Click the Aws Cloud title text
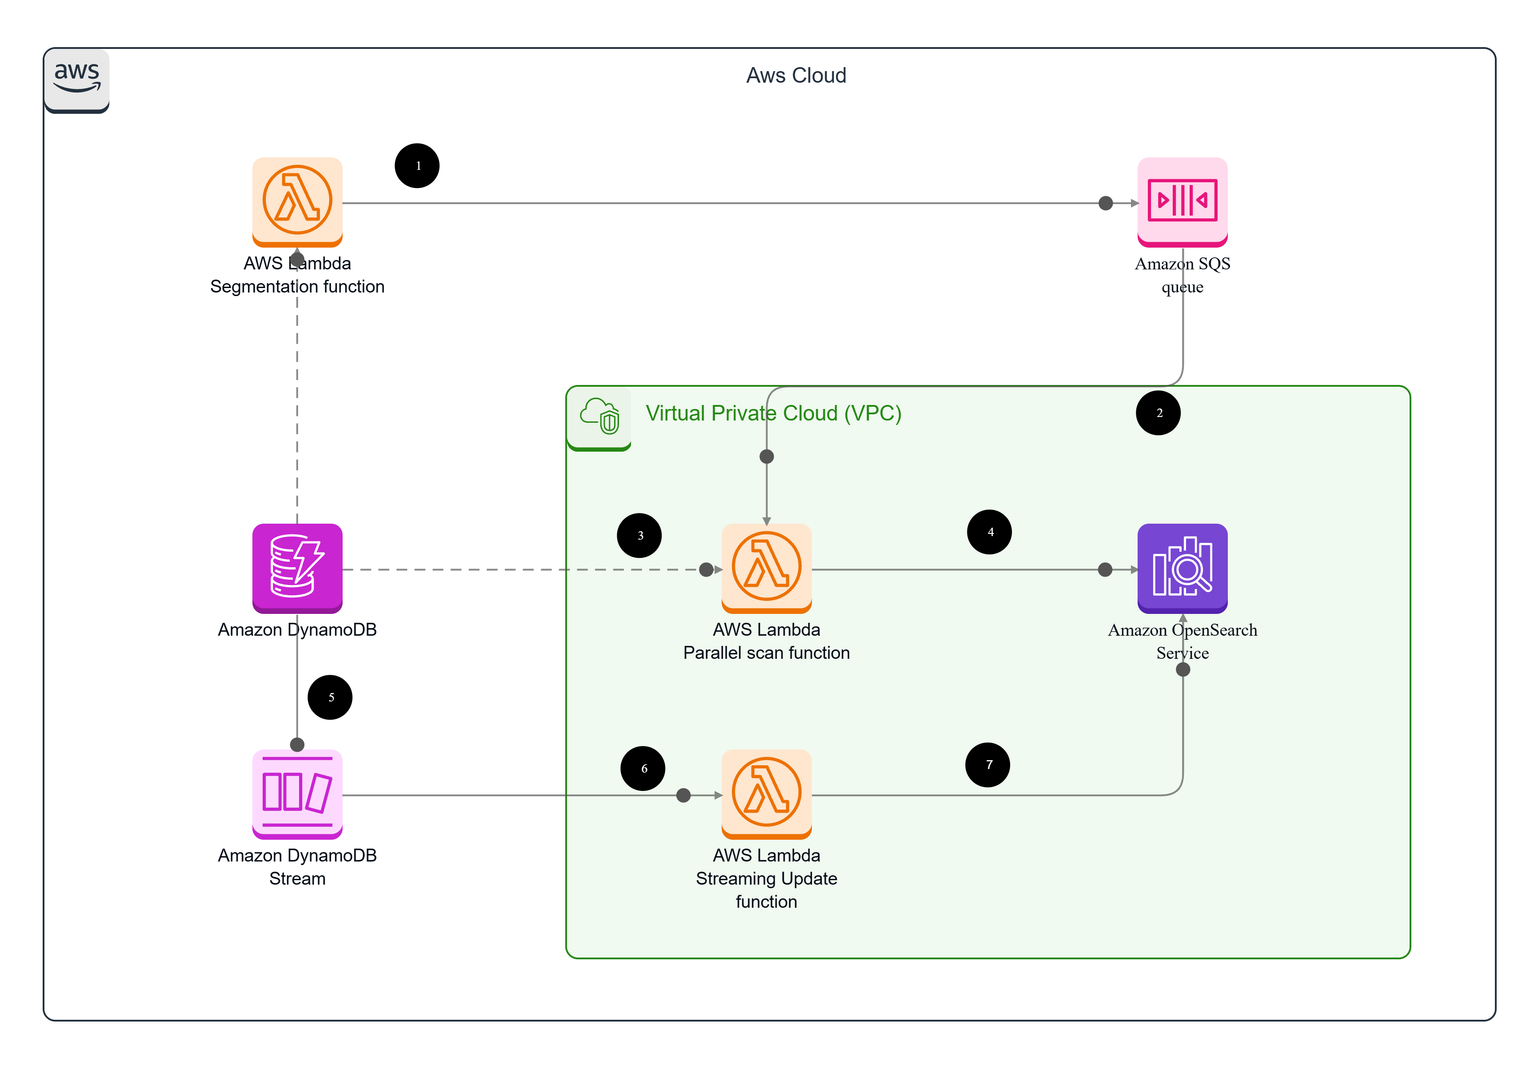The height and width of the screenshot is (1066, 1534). click(x=796, y=76)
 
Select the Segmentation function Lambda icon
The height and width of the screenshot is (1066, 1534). click(x=297, y=202)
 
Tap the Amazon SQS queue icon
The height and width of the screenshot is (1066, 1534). click(x=1182, y=202)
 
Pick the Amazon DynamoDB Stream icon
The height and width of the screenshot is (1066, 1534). click(x=297, y=793)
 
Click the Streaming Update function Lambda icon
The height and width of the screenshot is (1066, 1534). click(x=766, y=793)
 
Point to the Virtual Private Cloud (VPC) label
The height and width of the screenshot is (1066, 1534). click(x=773, y=413)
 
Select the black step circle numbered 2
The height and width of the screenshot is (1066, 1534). click(x=1158, y=413)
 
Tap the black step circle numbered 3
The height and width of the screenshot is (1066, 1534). click(x=639, y=535)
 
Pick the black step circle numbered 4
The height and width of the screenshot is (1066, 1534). click(x=989, y=532)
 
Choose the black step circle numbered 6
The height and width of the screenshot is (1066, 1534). click(x=643, y=768)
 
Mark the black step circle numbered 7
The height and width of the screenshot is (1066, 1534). click(x=987, y=765)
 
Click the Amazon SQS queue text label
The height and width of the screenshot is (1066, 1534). click(x=1182, y=275)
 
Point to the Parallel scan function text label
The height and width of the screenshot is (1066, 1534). click(x=766, y=653)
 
